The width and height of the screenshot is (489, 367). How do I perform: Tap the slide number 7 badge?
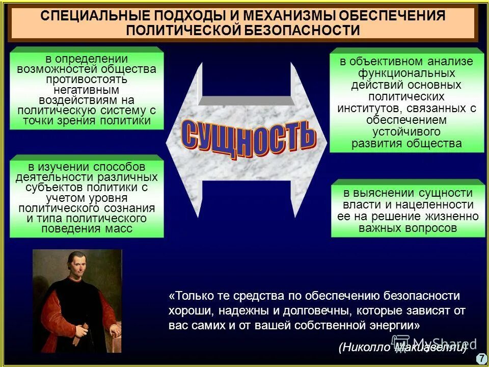pyautogui.click(x=481, y=358)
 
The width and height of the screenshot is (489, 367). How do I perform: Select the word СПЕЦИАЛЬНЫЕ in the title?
pyautogui.click(x=91, y=16)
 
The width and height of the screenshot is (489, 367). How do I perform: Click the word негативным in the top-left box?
pyautogui.click(x=87, y=89)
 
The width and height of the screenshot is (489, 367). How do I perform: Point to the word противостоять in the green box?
pyautogui.click(x=87, y=79)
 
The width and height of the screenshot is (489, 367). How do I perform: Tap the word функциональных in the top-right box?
pyautogui.click(x=406, y=73)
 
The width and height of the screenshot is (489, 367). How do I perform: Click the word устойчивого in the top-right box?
pyautogui.click(x=406, y=132)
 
